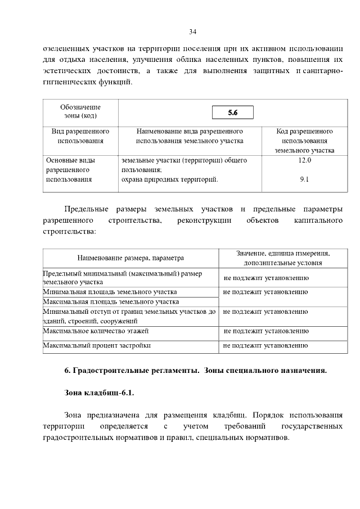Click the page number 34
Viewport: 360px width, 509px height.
click(x=192, y=30)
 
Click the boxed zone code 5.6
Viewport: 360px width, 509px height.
click(x=233, y=113)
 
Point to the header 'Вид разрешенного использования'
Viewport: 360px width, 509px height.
click(x=80, y=136)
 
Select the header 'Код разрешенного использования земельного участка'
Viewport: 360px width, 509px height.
click(x=305, y=141)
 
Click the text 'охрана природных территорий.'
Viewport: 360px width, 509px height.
click(x=169, y=179)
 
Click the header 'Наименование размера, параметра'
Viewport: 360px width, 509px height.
click(x=131, y=258)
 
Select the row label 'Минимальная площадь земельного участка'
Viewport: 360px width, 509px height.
click(x=110, y=292)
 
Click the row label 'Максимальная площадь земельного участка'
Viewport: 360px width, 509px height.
click(x=111, y=302)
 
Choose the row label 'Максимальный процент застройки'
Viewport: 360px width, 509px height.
click(x=97, y=345)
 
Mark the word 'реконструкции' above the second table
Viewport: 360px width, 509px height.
click(x=204, y=220)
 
